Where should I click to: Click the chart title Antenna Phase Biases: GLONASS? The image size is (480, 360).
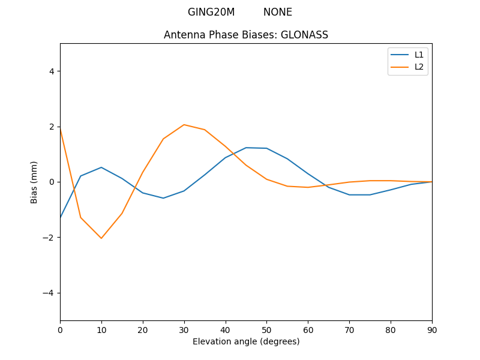click(246, 35)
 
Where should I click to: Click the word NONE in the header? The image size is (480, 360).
click(278, 12)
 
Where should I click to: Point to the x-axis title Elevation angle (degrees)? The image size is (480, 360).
click(246, 341)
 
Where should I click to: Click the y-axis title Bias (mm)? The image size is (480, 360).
click(34, 182)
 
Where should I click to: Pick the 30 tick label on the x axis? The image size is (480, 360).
click(184, 329)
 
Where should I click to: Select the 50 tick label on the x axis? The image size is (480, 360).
click(266, 329)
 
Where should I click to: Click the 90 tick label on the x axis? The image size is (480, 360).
click(432, 329)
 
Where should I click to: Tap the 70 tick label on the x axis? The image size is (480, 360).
click(349, 329)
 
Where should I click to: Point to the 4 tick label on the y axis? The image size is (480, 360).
click(52, 71)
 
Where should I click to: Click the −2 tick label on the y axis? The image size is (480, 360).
click(49, 238)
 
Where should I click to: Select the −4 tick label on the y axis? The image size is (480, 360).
click(49, 293)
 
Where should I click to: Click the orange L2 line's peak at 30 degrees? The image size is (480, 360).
click(184, 125)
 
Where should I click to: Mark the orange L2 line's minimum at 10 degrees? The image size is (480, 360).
click(101, 238)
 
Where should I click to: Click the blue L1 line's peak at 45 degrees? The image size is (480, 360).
click(246, 148)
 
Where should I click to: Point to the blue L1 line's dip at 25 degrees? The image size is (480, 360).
click(163, 198)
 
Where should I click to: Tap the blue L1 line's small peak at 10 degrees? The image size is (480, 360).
click(101, 167)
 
